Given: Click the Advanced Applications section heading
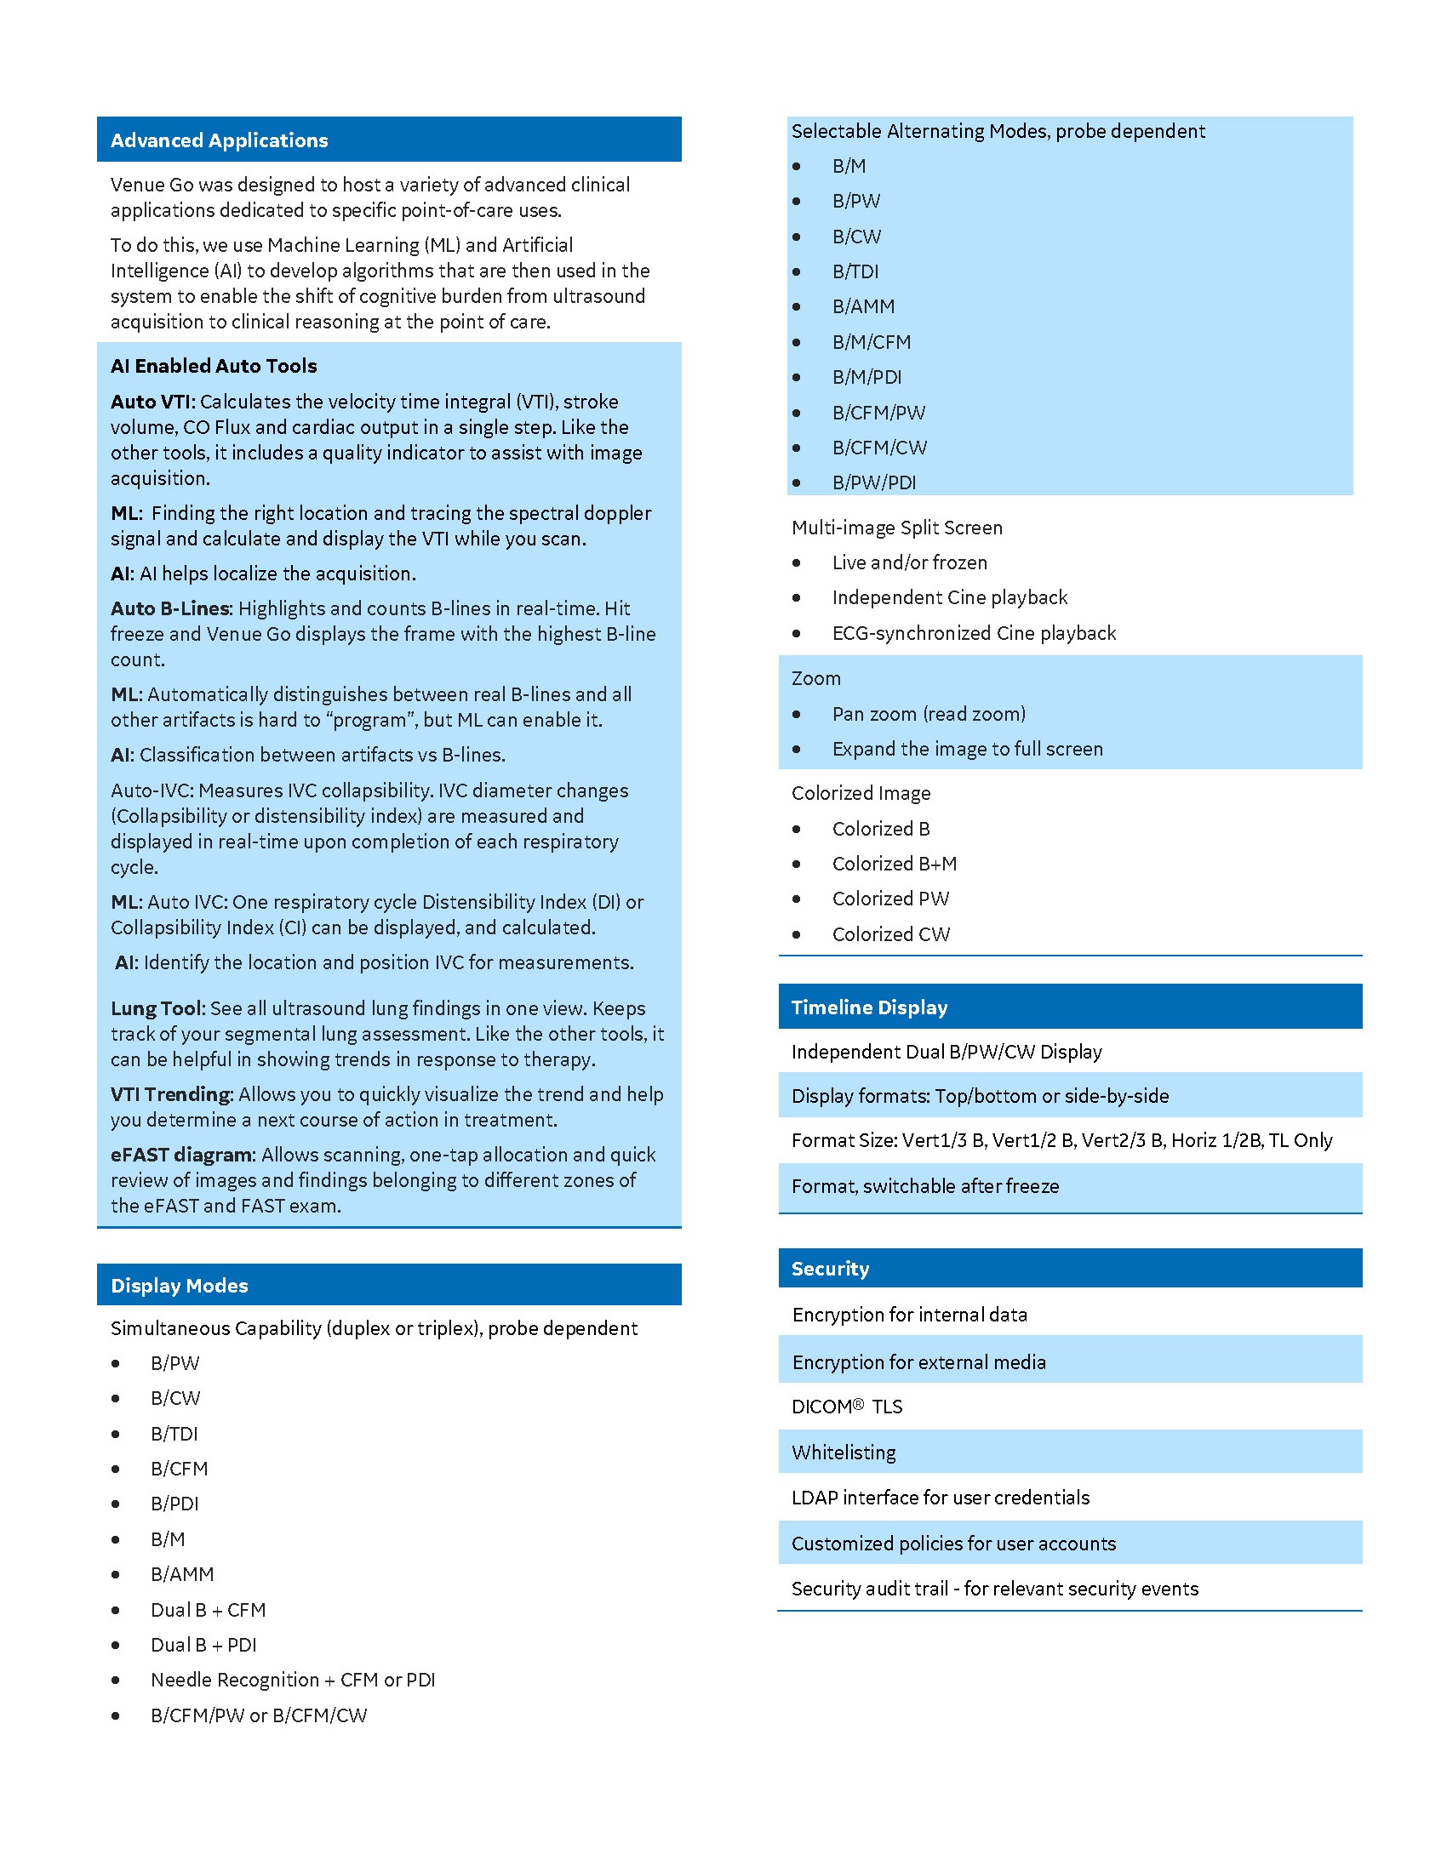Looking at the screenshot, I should tap(219, 140).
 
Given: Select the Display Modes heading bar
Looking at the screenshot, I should tap(179, 1285).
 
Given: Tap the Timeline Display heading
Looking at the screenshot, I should tap(868, 1007).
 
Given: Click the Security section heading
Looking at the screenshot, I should tap(830, 1269).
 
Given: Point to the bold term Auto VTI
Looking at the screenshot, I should tap(152, 402).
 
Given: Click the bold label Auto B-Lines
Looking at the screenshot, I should tap(170, 608).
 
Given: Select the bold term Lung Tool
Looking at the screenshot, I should tap(156, 1008).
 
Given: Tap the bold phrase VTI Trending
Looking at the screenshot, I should tap(170, 1094).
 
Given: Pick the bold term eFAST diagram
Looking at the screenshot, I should tap(182, 1155).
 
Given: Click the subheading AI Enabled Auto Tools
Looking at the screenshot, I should tap(214, 366).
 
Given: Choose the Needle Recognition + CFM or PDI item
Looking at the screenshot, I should tap(292, 1679).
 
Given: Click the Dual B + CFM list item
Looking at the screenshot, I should tap(208, 1610).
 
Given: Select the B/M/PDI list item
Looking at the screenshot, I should tap(866, 377).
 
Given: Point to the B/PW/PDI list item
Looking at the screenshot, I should tap(873, 482).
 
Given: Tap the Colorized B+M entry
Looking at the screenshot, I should tap(894, 863).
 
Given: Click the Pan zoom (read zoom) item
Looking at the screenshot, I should tap(929, 714).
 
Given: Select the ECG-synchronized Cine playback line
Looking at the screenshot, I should tap(973, 632).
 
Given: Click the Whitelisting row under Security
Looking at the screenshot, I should tap(844, 1452).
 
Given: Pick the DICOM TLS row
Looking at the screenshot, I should tap(846, 1407).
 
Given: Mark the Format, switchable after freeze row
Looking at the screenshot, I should tap(925, 1186).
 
